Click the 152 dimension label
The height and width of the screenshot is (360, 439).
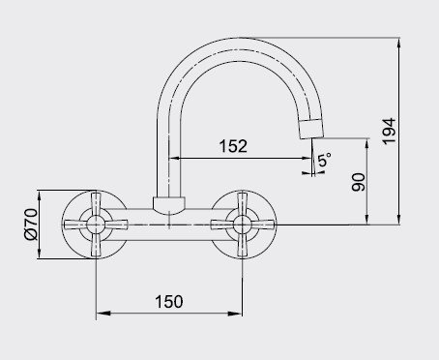[x=233, y=146]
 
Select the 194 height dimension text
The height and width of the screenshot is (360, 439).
[x=389, y=132]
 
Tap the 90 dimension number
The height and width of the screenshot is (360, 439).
[x=359, y=182]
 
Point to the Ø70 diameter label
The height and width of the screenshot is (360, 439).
[x=31, y=224]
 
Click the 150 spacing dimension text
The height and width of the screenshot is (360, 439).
[x=169, y=302]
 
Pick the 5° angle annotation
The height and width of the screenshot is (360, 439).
[x=325, y=160]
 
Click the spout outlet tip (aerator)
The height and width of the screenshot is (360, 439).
[x=311, y=129]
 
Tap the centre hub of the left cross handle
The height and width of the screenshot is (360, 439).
[x=96, y=225]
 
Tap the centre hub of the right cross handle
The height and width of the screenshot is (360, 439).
[x=243, y=225]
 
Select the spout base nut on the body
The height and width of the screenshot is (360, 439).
[x=169, y=205]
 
